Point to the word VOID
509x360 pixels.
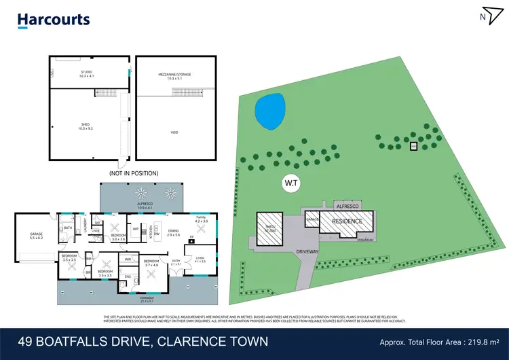point(175,132)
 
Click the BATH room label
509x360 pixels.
point(68,228)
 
